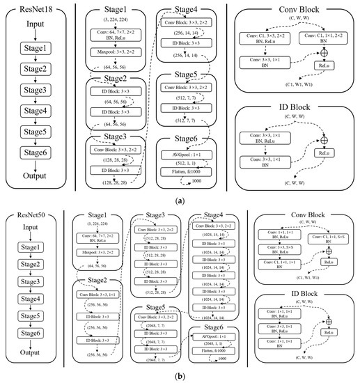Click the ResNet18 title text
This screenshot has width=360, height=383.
click(38, 9)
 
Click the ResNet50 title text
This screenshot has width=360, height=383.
click(38, 201)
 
